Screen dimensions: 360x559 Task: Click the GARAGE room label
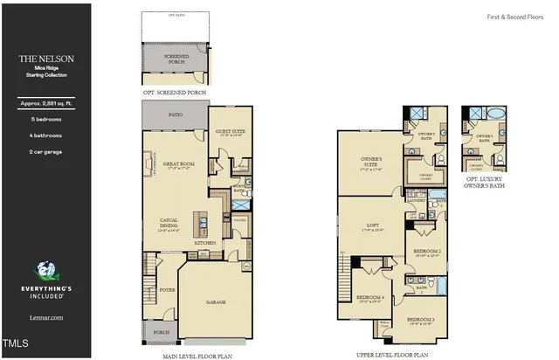pos(215,302)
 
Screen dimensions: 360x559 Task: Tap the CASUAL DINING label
pos(169,222)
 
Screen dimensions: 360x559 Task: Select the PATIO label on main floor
pos(175,114)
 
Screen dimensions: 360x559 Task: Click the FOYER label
pos(167,289)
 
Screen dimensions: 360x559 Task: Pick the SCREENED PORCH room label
pos(176,59)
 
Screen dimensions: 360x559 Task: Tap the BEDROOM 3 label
pos(424,321)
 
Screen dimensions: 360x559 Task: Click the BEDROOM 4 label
pos(370,298)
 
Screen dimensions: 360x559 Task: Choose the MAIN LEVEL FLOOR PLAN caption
pos(198,356)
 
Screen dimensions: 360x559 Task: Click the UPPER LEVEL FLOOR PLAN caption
pos(394,356)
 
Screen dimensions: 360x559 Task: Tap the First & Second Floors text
pos(514,17)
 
